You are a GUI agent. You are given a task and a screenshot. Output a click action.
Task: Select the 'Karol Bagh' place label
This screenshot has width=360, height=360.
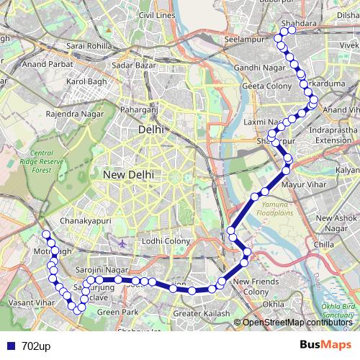click(86, 83)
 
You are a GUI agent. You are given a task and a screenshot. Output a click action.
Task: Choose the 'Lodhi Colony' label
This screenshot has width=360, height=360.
click(166, 240)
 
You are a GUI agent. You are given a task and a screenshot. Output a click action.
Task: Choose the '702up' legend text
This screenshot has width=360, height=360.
click(36, 346)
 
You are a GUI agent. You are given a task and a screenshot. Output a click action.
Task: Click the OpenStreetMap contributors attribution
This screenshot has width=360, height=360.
click(296, 323)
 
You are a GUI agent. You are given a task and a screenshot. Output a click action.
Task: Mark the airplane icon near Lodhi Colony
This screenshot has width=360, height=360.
click(123, 243)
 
